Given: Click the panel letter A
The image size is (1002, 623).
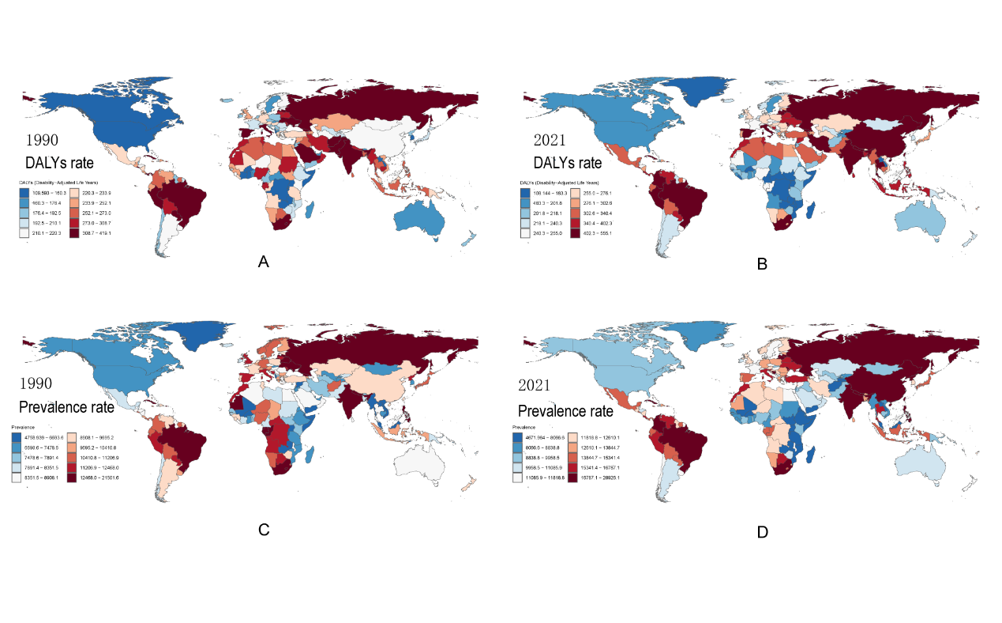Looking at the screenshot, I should coord(265,262).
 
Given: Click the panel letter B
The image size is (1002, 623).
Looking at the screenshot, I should coord(762,264).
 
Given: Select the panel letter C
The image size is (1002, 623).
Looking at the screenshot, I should coord(265,530).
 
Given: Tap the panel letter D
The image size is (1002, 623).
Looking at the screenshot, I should coord(762,532).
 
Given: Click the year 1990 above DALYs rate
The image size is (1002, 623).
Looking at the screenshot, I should coord(42,142).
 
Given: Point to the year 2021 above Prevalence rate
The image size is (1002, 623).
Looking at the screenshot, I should coord(540,386).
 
